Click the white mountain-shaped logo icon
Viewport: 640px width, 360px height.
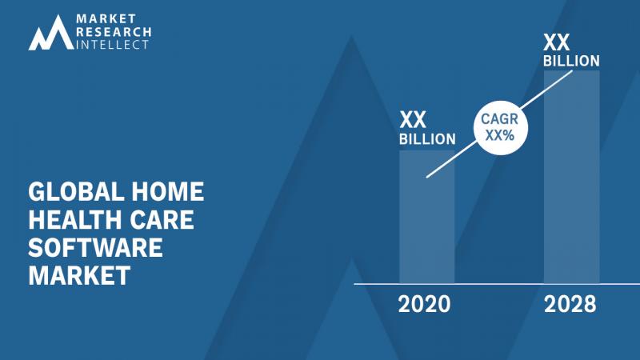[51, 34]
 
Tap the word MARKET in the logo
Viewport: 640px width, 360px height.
[106, 18]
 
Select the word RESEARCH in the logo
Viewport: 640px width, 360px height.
[114, 32]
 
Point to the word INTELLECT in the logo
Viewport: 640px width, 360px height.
[113, 45]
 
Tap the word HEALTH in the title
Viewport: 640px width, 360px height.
[75, 219]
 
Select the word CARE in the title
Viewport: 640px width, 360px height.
[162, 219]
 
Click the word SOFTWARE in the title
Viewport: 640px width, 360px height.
[95, 248]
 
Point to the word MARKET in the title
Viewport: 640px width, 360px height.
[79, 275]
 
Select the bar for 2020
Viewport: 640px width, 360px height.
[427, 217]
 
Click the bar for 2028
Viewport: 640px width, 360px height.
[572, 177]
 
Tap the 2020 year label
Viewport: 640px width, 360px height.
[425, 305]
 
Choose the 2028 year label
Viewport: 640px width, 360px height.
[570, 305]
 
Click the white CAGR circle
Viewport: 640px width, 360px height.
[501, 128]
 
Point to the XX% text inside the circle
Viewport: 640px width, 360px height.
[499, 135]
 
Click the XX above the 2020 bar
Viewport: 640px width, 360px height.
[413, 120]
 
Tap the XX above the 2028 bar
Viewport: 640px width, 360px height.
[556, 42]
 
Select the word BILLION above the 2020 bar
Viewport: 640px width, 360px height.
[427, 139]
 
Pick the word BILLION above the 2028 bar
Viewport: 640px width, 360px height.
[571, 62]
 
